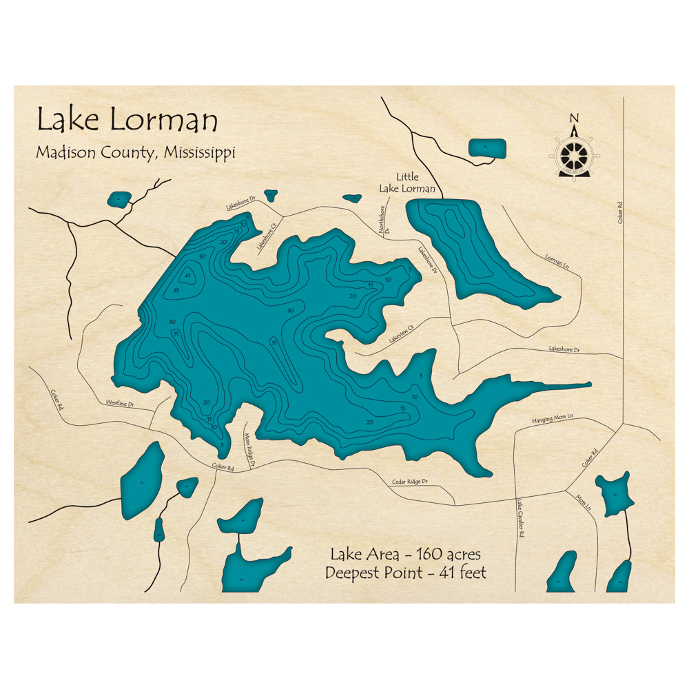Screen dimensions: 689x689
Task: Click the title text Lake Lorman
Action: pos(127,121)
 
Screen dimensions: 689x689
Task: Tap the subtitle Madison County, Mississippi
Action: pos(135,152)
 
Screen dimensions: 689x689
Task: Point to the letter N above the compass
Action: pos(574,117)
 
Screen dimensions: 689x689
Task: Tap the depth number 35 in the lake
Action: pos(177,291)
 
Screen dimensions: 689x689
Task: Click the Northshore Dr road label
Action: pos(382,220)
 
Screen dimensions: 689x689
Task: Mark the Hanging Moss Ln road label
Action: pos(553,418)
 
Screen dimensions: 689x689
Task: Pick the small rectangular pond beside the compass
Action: pos(487,147)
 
